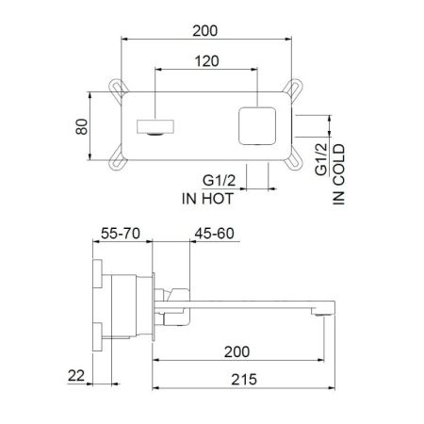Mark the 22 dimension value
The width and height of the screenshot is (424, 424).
tap(77, 376)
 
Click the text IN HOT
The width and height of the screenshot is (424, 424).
tap(207, 199)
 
